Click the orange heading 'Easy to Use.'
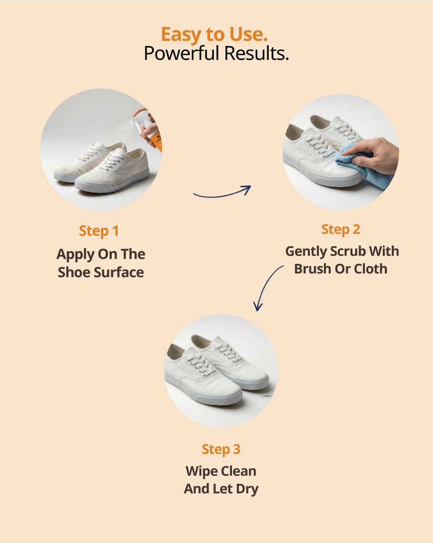click(x=214, y=35)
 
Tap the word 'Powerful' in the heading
click(x=181, y=53)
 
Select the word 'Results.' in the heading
click(x=257, y=53)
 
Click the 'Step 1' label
click(x=99, y=231)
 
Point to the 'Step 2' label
click(x=341, y=230)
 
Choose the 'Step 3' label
click(x=221, y=449)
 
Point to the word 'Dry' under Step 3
click(x=247, y=490)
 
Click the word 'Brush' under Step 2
click(x=313, y=269)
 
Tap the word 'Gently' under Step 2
click(x=306, y=252)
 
